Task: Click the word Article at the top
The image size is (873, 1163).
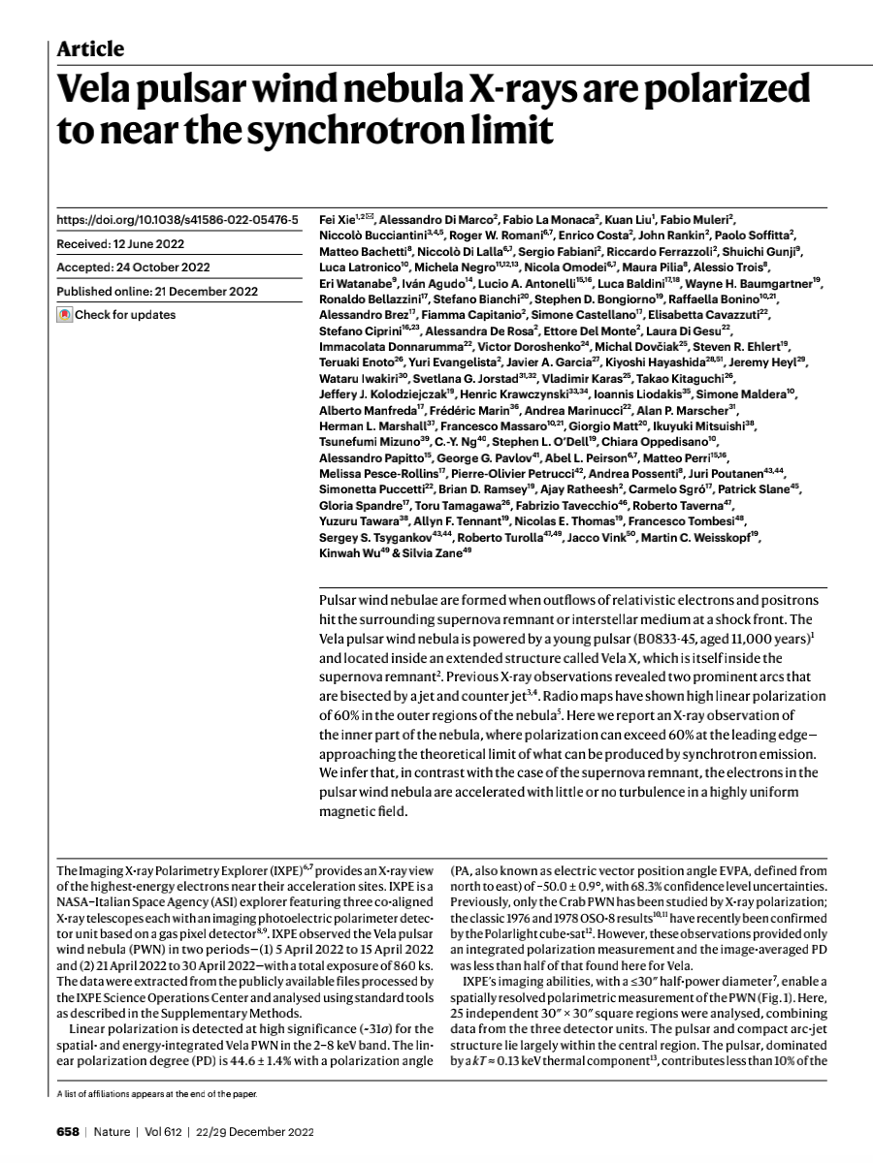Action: tap(90, 48)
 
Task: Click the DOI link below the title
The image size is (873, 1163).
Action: tap(178, 221)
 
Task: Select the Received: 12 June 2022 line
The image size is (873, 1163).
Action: tap(120, 244)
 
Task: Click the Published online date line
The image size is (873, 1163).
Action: tap(157, 291)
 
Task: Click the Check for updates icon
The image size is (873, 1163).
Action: tap(65, 315)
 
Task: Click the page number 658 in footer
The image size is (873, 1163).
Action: tap(66, 1132)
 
